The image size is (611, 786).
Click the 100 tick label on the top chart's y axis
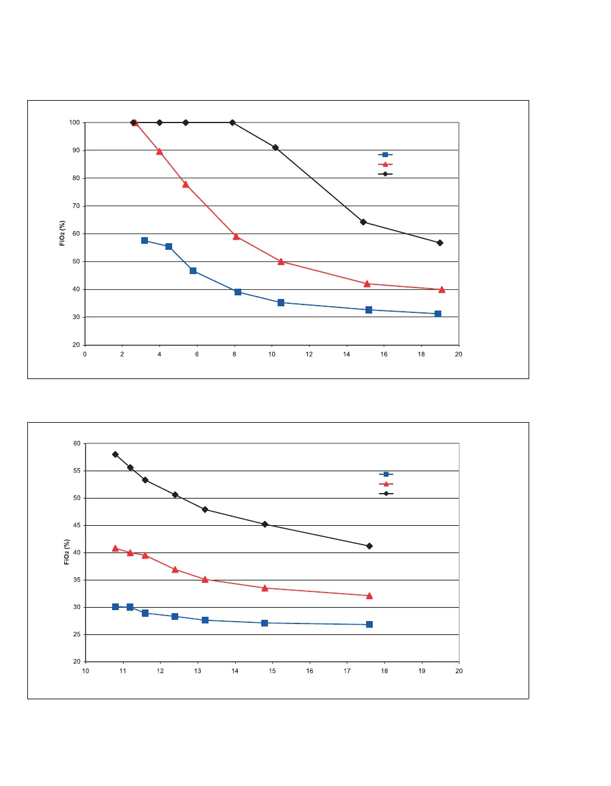click(74, 123)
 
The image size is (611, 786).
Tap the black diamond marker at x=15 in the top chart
click(363, 222)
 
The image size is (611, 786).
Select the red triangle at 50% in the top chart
click(281, 261)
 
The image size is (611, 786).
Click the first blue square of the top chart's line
click(144, 241)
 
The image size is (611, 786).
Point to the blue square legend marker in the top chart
click(385, 155)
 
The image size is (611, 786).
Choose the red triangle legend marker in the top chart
click(385, 164)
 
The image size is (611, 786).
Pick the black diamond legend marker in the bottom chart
click(386, 494)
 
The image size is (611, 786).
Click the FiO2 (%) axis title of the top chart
click(62, 233)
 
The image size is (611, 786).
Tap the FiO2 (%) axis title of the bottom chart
click(67, 552)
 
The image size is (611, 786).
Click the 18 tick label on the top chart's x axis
click(421, 354)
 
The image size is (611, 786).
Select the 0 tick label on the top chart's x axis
click(85, 354)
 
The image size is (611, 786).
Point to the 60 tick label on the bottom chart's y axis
click(76, 443)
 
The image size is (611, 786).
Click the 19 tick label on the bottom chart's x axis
click(422, 671)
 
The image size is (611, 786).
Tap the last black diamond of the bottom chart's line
click(369, 546)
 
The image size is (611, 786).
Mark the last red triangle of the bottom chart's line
click(369, 596)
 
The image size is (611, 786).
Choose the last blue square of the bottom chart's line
click(369, 624)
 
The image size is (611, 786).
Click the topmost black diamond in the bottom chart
click(115, 454)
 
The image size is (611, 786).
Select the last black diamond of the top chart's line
click(439, 243)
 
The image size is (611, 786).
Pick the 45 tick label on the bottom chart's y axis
click(76, 525)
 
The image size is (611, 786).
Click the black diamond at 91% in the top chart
click(275, 147)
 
